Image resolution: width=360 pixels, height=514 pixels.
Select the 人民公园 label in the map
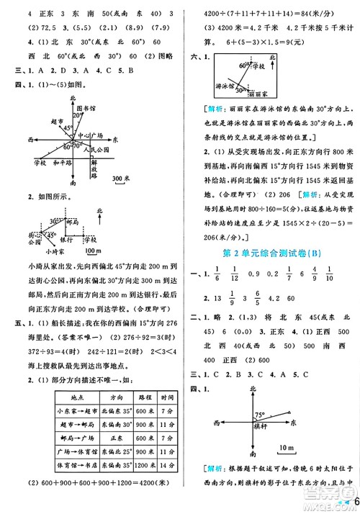point(96,150)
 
